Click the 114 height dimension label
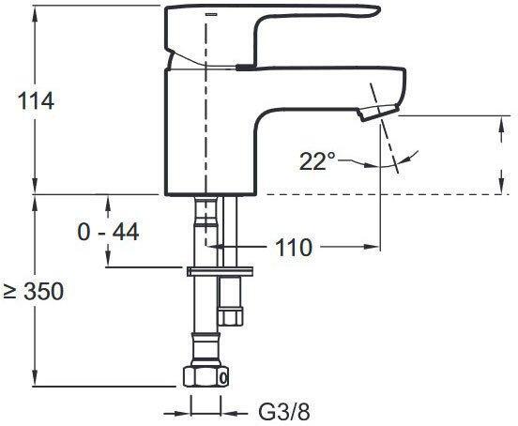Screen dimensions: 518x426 (x=36, y=101)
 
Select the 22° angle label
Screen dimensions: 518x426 (x=317, y=161)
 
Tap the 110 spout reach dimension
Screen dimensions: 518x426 (x=294, y=248)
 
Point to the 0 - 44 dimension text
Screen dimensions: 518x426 (x=108, y=232)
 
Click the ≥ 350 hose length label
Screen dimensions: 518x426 (x=33, y=292)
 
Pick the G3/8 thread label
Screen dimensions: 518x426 (x=284, y=413)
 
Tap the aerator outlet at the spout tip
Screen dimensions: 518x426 (x=378, y=113)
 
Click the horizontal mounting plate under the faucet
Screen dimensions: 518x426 (x=220, y=271)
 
